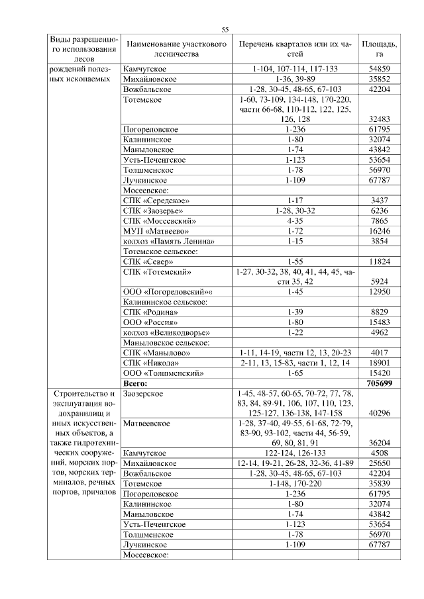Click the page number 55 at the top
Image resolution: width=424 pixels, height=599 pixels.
tap(225, 29)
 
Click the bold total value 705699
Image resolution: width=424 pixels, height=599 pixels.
tap(379, 383)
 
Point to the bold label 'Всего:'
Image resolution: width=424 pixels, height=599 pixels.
tap(136, 383)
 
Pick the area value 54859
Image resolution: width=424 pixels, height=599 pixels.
tap(379, 69)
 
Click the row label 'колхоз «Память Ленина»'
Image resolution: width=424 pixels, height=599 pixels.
tap(169, 241)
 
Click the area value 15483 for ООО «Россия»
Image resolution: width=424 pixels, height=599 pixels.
tap(379, 322)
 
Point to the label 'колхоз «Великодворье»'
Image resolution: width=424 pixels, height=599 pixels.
tap(168, 332)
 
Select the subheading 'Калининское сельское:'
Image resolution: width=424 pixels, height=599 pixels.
tap(165, 302)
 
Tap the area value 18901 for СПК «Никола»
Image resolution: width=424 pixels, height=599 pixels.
tap(379, 363)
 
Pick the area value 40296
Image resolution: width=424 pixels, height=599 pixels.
tap(379, 412)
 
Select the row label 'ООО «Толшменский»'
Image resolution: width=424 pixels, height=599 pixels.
tap(161, 373)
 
